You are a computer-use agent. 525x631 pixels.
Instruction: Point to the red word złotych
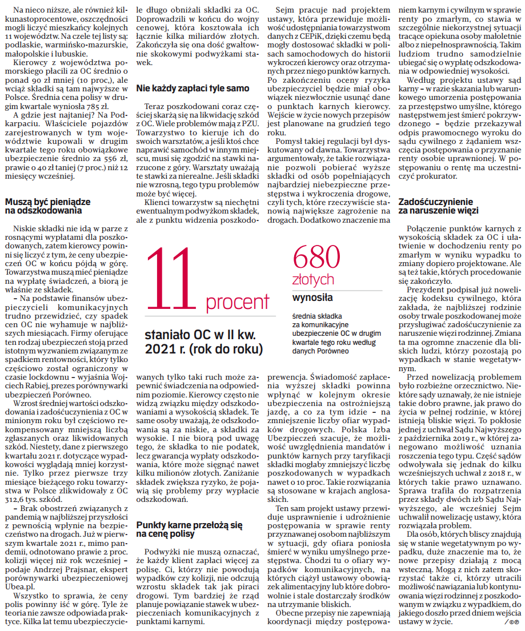[313, 280]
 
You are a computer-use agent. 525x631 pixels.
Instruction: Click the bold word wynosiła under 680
[312, 298]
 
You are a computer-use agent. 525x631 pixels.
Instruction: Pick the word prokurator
[428, 178]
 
